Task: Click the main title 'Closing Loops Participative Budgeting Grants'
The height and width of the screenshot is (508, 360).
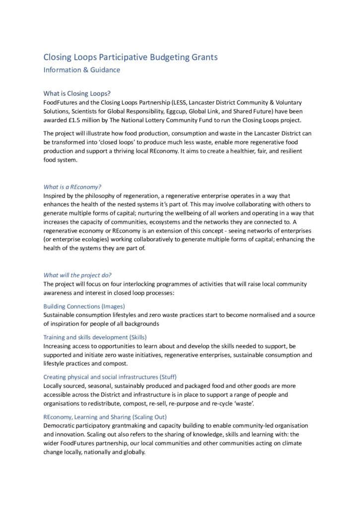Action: (x=130, y=57)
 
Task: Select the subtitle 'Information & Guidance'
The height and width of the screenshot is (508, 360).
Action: (x=81, y=70)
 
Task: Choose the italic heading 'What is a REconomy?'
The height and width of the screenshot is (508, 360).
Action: (x=72, y=187)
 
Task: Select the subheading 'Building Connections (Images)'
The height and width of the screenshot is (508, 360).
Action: (x=84, y=306)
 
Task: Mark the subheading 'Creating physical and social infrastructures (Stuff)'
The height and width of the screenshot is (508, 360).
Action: (x=110, y=377)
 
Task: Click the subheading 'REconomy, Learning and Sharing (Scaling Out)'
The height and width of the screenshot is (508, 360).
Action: (x=105, y=417)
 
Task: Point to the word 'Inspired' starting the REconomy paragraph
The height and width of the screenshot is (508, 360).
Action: (x=56, y=195)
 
